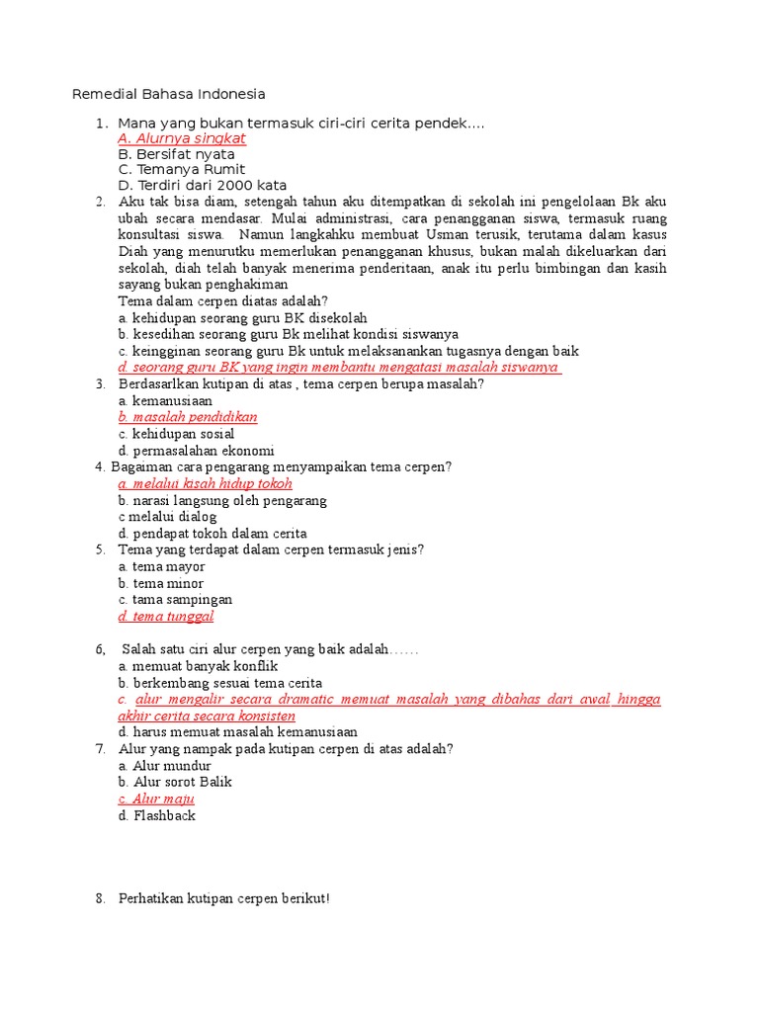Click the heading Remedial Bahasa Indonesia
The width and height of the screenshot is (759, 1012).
(x=169, y=95)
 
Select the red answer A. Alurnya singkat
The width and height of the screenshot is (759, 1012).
(x=182, y=138)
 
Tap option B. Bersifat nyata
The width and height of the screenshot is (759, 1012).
(x=176, y=154)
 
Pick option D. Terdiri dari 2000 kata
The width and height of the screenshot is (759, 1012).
(x=203, y=185)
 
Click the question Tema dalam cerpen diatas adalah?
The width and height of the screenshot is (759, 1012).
(x=223, y=301)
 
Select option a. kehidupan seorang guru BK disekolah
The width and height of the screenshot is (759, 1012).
(x=242, y=318)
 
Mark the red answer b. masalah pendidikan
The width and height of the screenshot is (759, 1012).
(x=188, y=417)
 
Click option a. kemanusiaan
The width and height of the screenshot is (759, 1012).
(x=165, y=401)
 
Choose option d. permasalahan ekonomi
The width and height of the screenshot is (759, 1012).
(x=196, y=451)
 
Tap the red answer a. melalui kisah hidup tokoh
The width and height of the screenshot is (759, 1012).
(x=206, y=483)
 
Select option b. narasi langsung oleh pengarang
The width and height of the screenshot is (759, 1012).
(x=222, y=500)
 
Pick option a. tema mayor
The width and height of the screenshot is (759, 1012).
(x=162, y=566)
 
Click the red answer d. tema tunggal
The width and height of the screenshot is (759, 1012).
(x=166, y=616)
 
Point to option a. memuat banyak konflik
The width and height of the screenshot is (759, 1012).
(x=198, y=666)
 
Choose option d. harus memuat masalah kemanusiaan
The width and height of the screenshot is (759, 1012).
(x=237, y=732)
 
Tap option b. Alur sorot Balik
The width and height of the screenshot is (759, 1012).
(x=175, y=782)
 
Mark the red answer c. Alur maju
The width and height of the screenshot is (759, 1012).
(x=156, y=799)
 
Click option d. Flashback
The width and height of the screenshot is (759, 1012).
(x=157, y=815)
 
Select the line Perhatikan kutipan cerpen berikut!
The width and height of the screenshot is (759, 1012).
(x=223, y=899)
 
